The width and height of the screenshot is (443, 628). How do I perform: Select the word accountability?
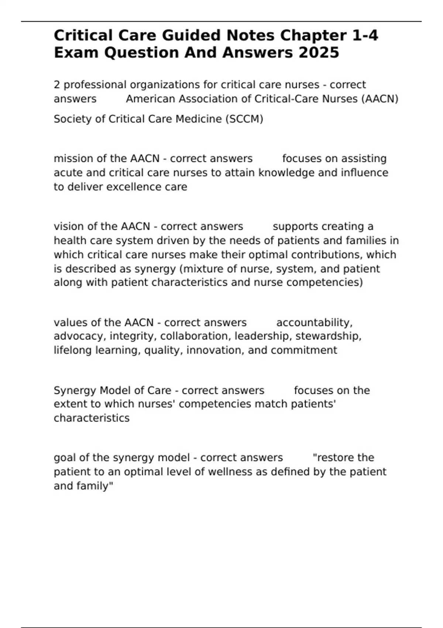coord(314,322)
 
